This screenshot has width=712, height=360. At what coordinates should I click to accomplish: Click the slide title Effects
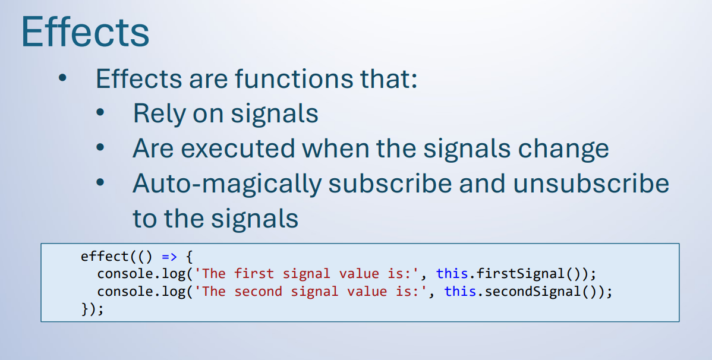pos(86,31)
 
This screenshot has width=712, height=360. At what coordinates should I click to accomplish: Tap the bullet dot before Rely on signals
pos(100,113)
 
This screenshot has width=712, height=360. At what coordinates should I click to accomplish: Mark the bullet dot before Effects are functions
pos(62,78)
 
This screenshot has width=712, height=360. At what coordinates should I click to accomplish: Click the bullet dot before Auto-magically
pos(100,182)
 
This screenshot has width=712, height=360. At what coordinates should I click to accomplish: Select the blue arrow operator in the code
pos(169,257)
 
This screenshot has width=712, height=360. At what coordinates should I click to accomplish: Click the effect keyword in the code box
pos(105,257)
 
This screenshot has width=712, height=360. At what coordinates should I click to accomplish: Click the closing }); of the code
pos(93,309)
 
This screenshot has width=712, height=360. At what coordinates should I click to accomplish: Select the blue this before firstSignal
pos(452,274)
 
